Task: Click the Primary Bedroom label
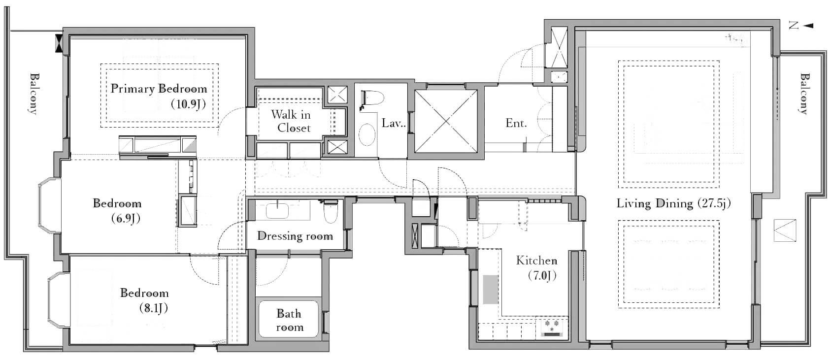[x=159, y=89]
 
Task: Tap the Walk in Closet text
[x=291, y=121]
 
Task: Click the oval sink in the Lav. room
[x=367, y=136]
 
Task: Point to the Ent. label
[x=516, y=123]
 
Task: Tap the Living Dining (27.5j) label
[x=673, y=204]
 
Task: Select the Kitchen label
[x=536, y=261]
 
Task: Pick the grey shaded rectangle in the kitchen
[x=491, y=290]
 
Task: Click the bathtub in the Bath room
[x=289, y=319]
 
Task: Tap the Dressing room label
[x=295, y=236]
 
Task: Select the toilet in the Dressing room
[x=331, y=211]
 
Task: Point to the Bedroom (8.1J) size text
[x=154, y=308]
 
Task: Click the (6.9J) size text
[x=126, y=219]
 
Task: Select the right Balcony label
[x=804, y=94]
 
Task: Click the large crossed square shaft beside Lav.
[x=446, y=122]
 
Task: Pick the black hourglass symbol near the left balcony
[x=59, y=43]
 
